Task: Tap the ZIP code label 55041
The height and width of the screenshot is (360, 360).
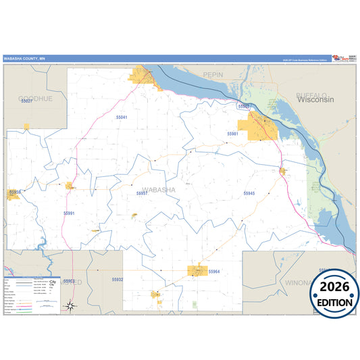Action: tap(121, 118)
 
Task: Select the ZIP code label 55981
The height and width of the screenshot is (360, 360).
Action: tap(233, 134)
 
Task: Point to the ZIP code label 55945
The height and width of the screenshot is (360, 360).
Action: tap(249, 194)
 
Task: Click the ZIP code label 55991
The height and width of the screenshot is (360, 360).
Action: tap(70, 213)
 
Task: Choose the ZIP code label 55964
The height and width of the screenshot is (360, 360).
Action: tap(215, 272)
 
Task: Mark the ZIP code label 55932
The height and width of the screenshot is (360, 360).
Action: tap(118, 279)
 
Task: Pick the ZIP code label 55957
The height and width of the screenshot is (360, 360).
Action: tap(142, 193)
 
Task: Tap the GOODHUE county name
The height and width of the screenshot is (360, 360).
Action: tap(34, 98)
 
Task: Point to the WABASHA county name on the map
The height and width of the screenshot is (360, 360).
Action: tap(159, 190)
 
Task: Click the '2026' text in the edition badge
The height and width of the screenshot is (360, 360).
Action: tap(334, 287)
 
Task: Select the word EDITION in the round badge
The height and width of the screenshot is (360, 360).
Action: tap(334, 303)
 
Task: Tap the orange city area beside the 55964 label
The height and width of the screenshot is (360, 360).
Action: tap(197, 271)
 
